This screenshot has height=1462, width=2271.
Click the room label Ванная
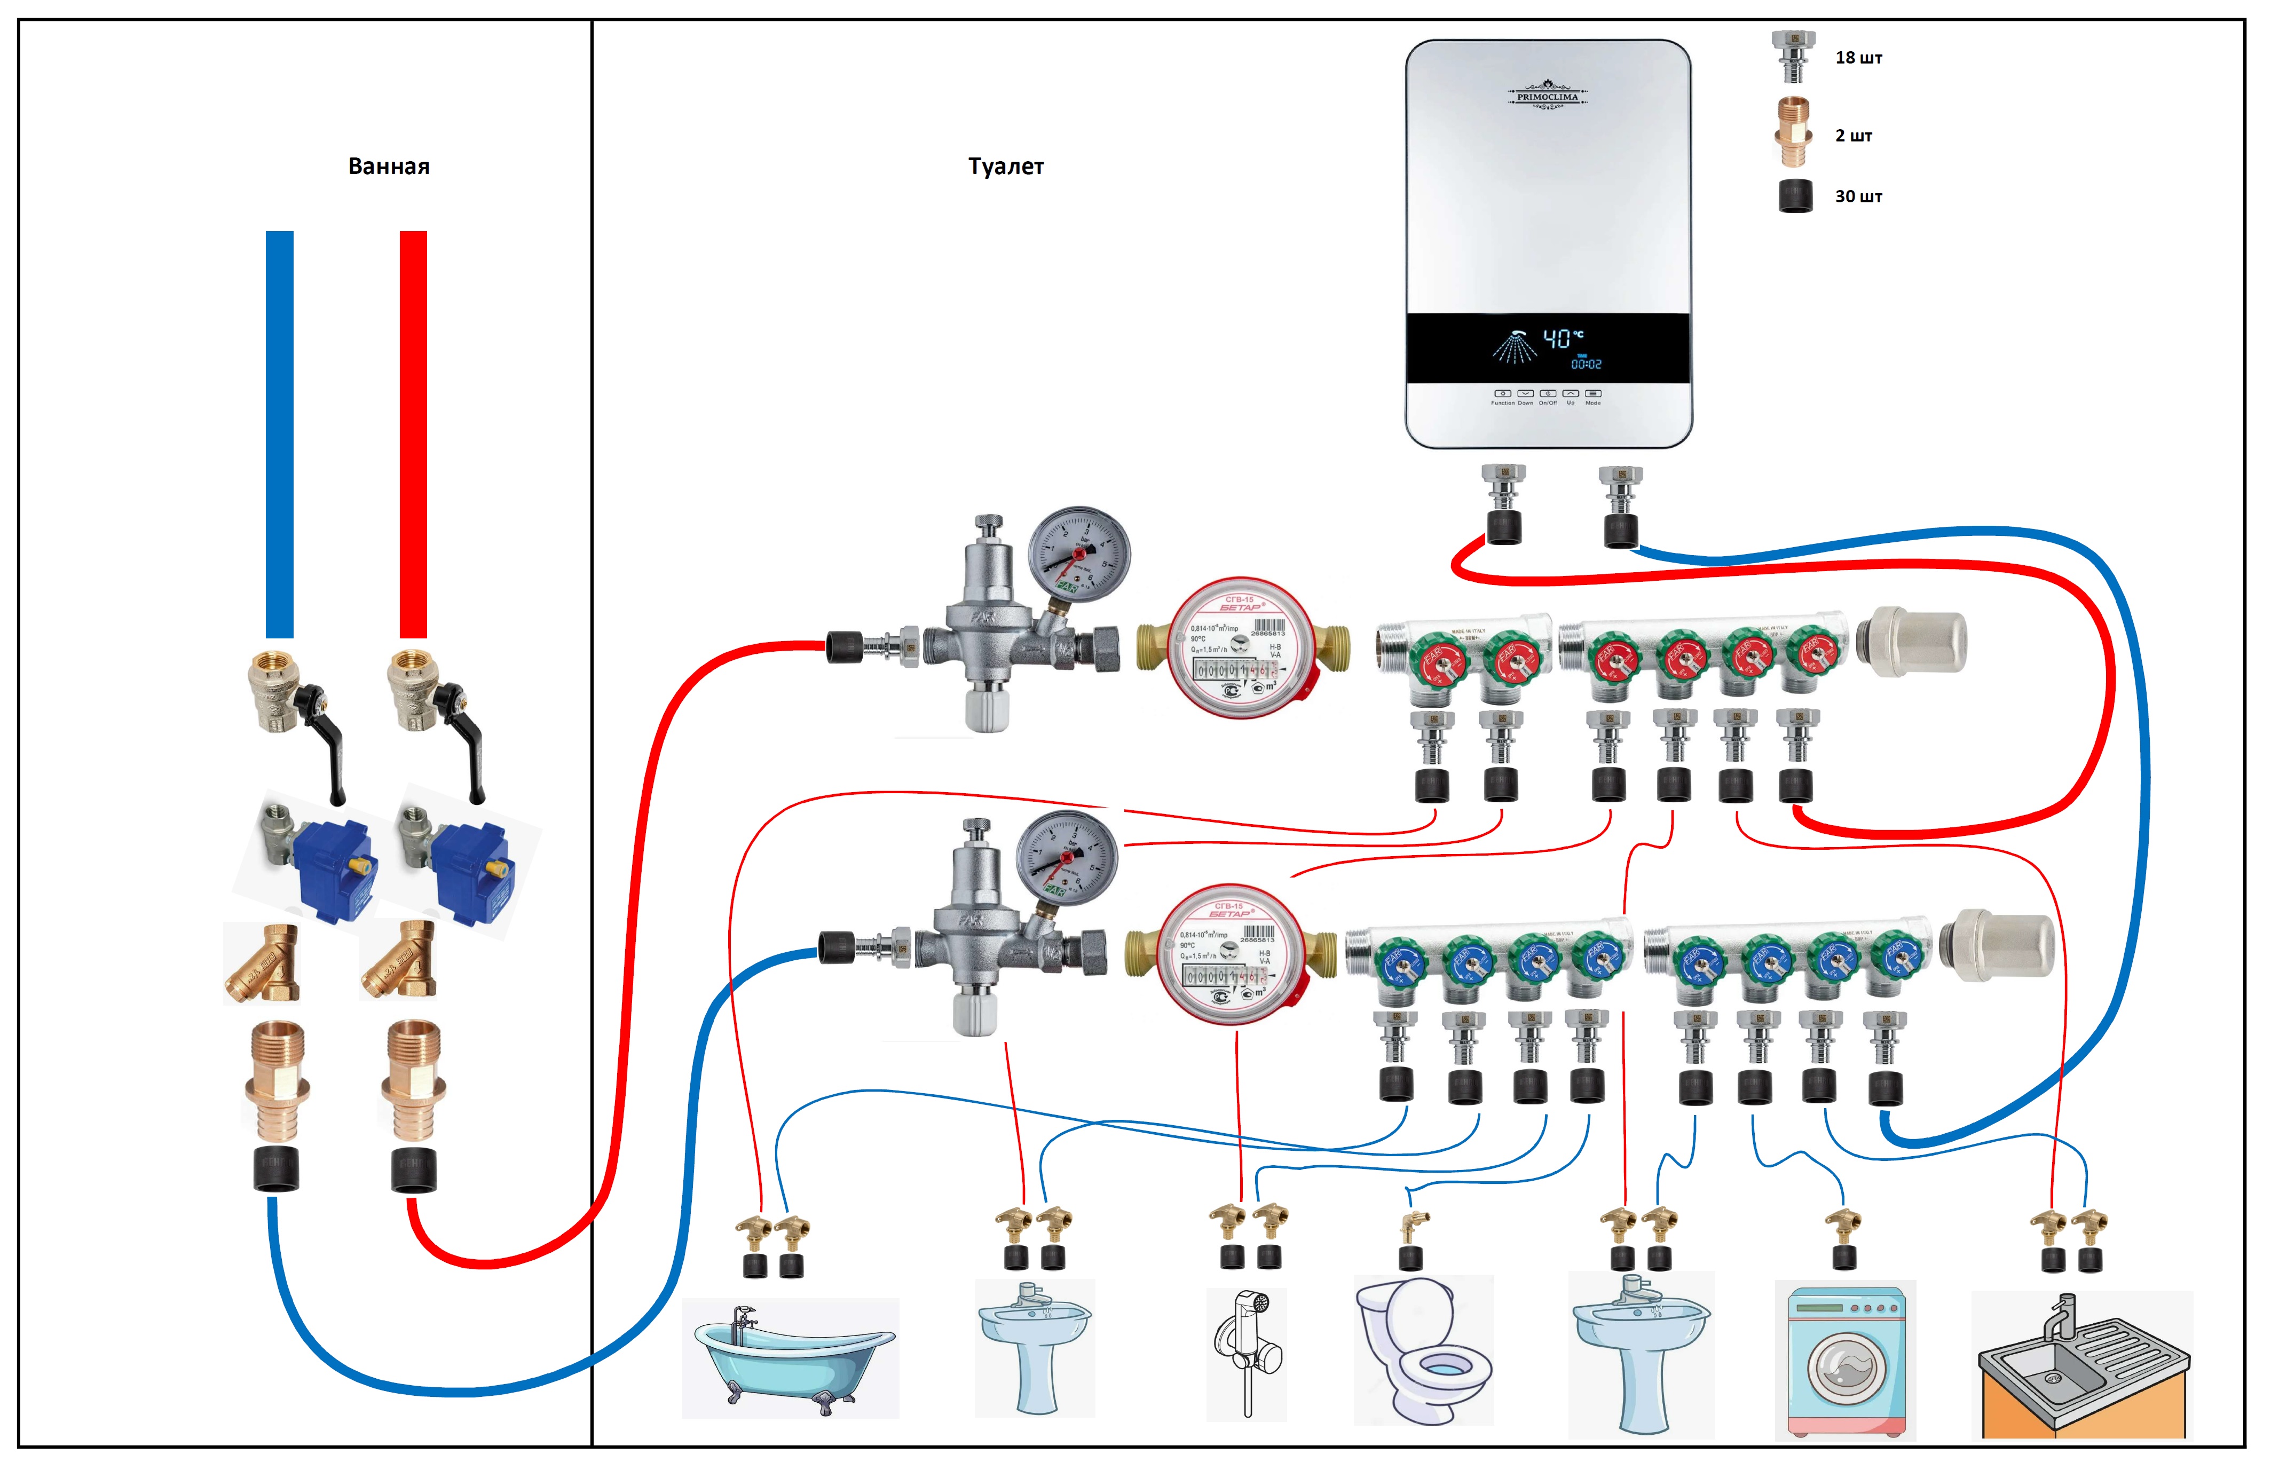[388, 167]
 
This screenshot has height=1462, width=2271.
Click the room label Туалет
[1005, 167]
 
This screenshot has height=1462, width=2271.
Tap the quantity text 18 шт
[1857, 58]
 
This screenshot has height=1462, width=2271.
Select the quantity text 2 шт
[1852, 136]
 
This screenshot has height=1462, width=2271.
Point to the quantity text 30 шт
[1857, 196]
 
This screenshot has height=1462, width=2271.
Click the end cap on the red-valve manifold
[1910, 642]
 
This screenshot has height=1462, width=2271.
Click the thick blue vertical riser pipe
[279, 434]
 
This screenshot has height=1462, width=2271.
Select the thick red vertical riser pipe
[413, 434]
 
